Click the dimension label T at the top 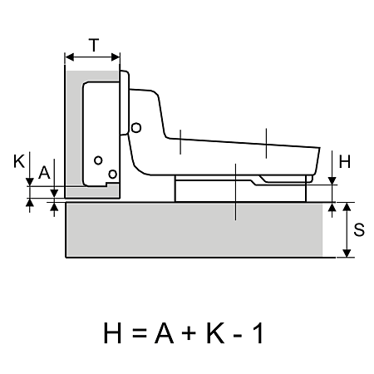pyautogui.click(x=94, y=46)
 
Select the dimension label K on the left pyautogui.click(x=19, y=161)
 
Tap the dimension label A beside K pyautogui.click(x=44, y=173)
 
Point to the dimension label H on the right pyautogui.click(x=345, y=161)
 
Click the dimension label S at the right pyautogui.click(x=359, y=229)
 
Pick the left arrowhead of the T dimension pyautogui.click(x=69, y=57)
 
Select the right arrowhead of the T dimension pyautogui.click(x=116, y=57)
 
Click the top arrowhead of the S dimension pyautogui.click(x=347, y=207)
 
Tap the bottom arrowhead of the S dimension pyautogui.click(x=347, y=253)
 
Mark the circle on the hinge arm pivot pyautogui.click(x=136, y=128)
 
